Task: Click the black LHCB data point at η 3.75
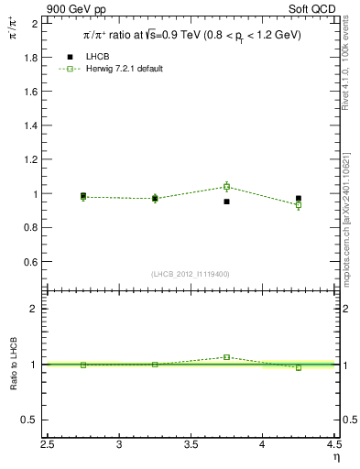(226, 202)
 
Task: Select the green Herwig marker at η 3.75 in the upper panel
(226, 186)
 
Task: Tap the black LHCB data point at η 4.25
(299, 198)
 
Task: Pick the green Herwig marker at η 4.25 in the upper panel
(299, 205)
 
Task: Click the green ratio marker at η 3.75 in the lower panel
(226, 357)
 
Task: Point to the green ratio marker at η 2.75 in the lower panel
(83, 365)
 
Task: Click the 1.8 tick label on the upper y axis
(31, 57)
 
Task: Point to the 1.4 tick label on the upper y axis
(31, 125)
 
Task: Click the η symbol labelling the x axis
(335, 456)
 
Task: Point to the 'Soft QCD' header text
(319, 9)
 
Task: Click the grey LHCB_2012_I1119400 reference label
(190, 274)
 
